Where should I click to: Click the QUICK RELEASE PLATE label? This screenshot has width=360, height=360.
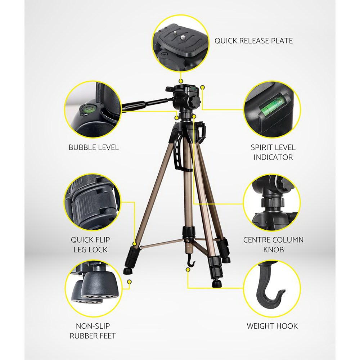[x=253, y=41]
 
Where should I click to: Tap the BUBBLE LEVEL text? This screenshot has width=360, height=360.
[x=94, y=147]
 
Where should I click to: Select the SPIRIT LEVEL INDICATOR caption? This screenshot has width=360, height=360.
[x=273, y=152]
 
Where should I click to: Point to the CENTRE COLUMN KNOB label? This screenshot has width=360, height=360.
[x=273, y=244]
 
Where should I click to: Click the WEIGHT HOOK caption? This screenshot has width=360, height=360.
[x=272, y=326]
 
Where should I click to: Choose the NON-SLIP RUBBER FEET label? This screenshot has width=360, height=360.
[x=93, y=331]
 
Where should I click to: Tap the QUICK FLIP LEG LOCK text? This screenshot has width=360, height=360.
[x=90, y=244]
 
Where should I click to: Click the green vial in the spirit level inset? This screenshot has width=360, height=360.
[x=273, y=106]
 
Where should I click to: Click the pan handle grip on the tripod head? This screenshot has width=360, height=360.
[x=134, y=104]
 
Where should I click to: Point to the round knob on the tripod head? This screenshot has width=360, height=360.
[x=195, y=101]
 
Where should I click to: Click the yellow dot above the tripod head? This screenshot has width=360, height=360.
[x=181, y=82]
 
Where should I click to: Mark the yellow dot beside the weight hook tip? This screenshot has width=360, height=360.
[x=188, y=269]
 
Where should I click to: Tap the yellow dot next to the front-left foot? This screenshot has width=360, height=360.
[x=129, y=283]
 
